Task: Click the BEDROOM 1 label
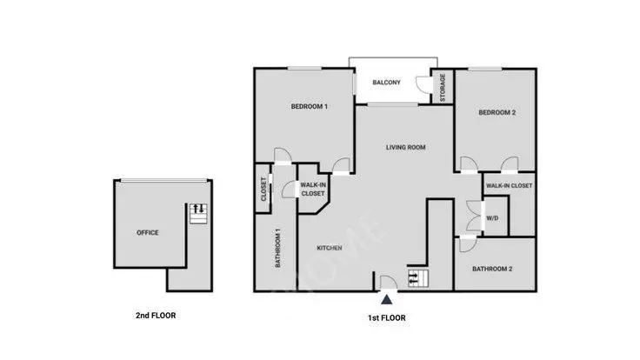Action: coord(309,107)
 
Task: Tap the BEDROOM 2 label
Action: coord(497,113)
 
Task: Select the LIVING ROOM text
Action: coord(406,147)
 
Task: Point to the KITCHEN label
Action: coord(330,248)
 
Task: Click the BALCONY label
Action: coord(387,83)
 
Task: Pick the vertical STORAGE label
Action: coord(443,87)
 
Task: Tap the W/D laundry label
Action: coord(492,218)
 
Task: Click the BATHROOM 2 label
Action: coord(492,269)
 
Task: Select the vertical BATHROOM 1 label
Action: coord(278,248)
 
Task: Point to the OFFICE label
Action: coord(147,233)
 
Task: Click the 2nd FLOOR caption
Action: coord(156,316)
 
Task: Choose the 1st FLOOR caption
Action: coord(387,318)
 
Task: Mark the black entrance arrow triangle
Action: coord(387,300)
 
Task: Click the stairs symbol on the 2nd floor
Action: coord(198,213)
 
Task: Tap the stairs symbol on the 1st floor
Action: coord(418,278)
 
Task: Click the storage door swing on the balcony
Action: coord(423,84)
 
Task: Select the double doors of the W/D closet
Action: coord(474,216)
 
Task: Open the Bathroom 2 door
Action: coord(468,244)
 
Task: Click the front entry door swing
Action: coord(388,283)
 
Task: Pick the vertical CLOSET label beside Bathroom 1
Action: coord(263,189)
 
